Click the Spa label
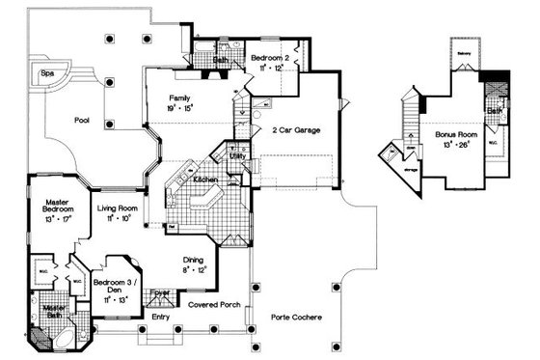[x=46, y=72]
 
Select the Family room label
[x=178, y=98]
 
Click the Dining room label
[x=194, y=260]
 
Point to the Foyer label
[x=161, y=292]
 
